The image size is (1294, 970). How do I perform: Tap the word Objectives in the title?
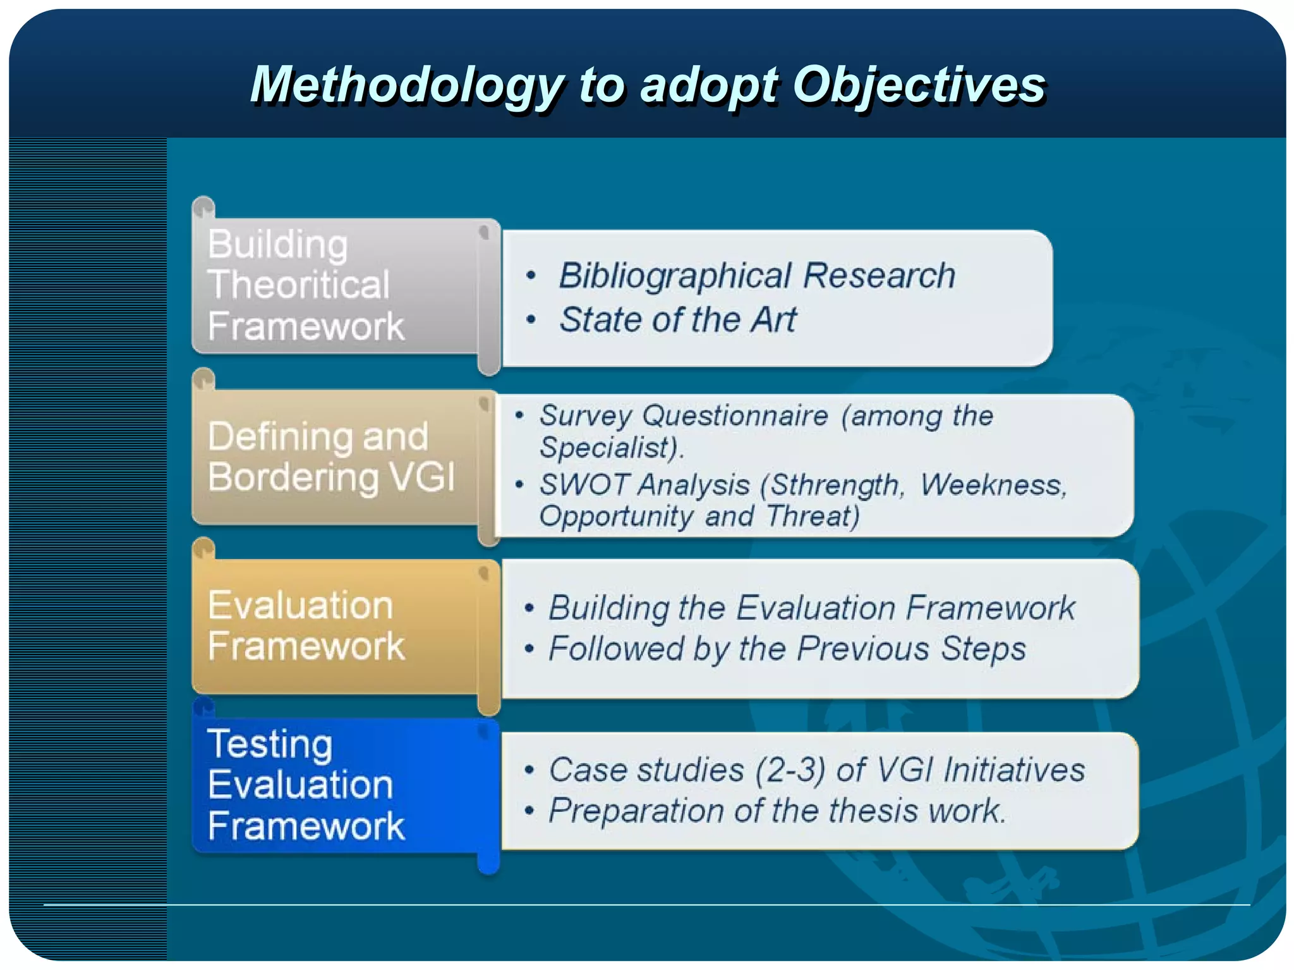919,85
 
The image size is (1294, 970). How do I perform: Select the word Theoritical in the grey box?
298,285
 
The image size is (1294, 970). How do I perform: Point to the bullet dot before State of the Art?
531,320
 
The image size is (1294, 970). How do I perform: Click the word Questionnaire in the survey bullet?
735,416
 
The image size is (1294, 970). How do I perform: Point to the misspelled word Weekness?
993,485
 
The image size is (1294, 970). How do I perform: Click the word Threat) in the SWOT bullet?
813,516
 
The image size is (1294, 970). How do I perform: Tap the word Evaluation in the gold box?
300,605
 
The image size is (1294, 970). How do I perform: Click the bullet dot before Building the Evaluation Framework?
529,608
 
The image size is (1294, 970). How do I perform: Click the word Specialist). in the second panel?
611,448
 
